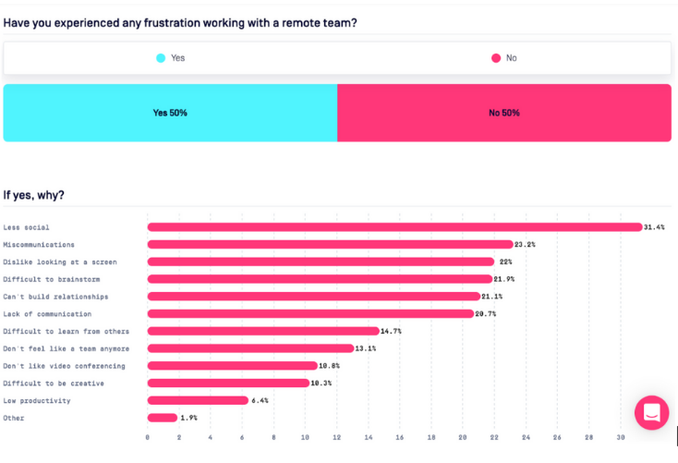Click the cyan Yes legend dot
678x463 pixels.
click(161, 58)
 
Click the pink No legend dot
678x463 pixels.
click(496, 58)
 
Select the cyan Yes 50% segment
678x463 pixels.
click(170, 113)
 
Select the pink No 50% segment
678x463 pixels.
click(504, 113)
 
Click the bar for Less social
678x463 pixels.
click(394, 227)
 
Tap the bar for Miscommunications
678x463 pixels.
click(330, 245)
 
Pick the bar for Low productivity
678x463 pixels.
click(198, 400)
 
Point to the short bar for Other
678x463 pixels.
click(163, 418)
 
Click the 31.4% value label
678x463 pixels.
click(654, 227)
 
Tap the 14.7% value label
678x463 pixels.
click(391, 331)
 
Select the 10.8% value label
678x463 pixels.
click(330, 366)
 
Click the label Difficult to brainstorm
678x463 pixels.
click(52, 279)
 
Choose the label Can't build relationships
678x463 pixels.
click(55, 297)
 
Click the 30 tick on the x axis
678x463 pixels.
click(621, 437)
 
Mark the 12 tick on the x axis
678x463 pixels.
click(337, 437)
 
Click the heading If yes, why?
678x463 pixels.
click(34, 195)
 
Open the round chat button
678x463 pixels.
click(651, 413)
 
